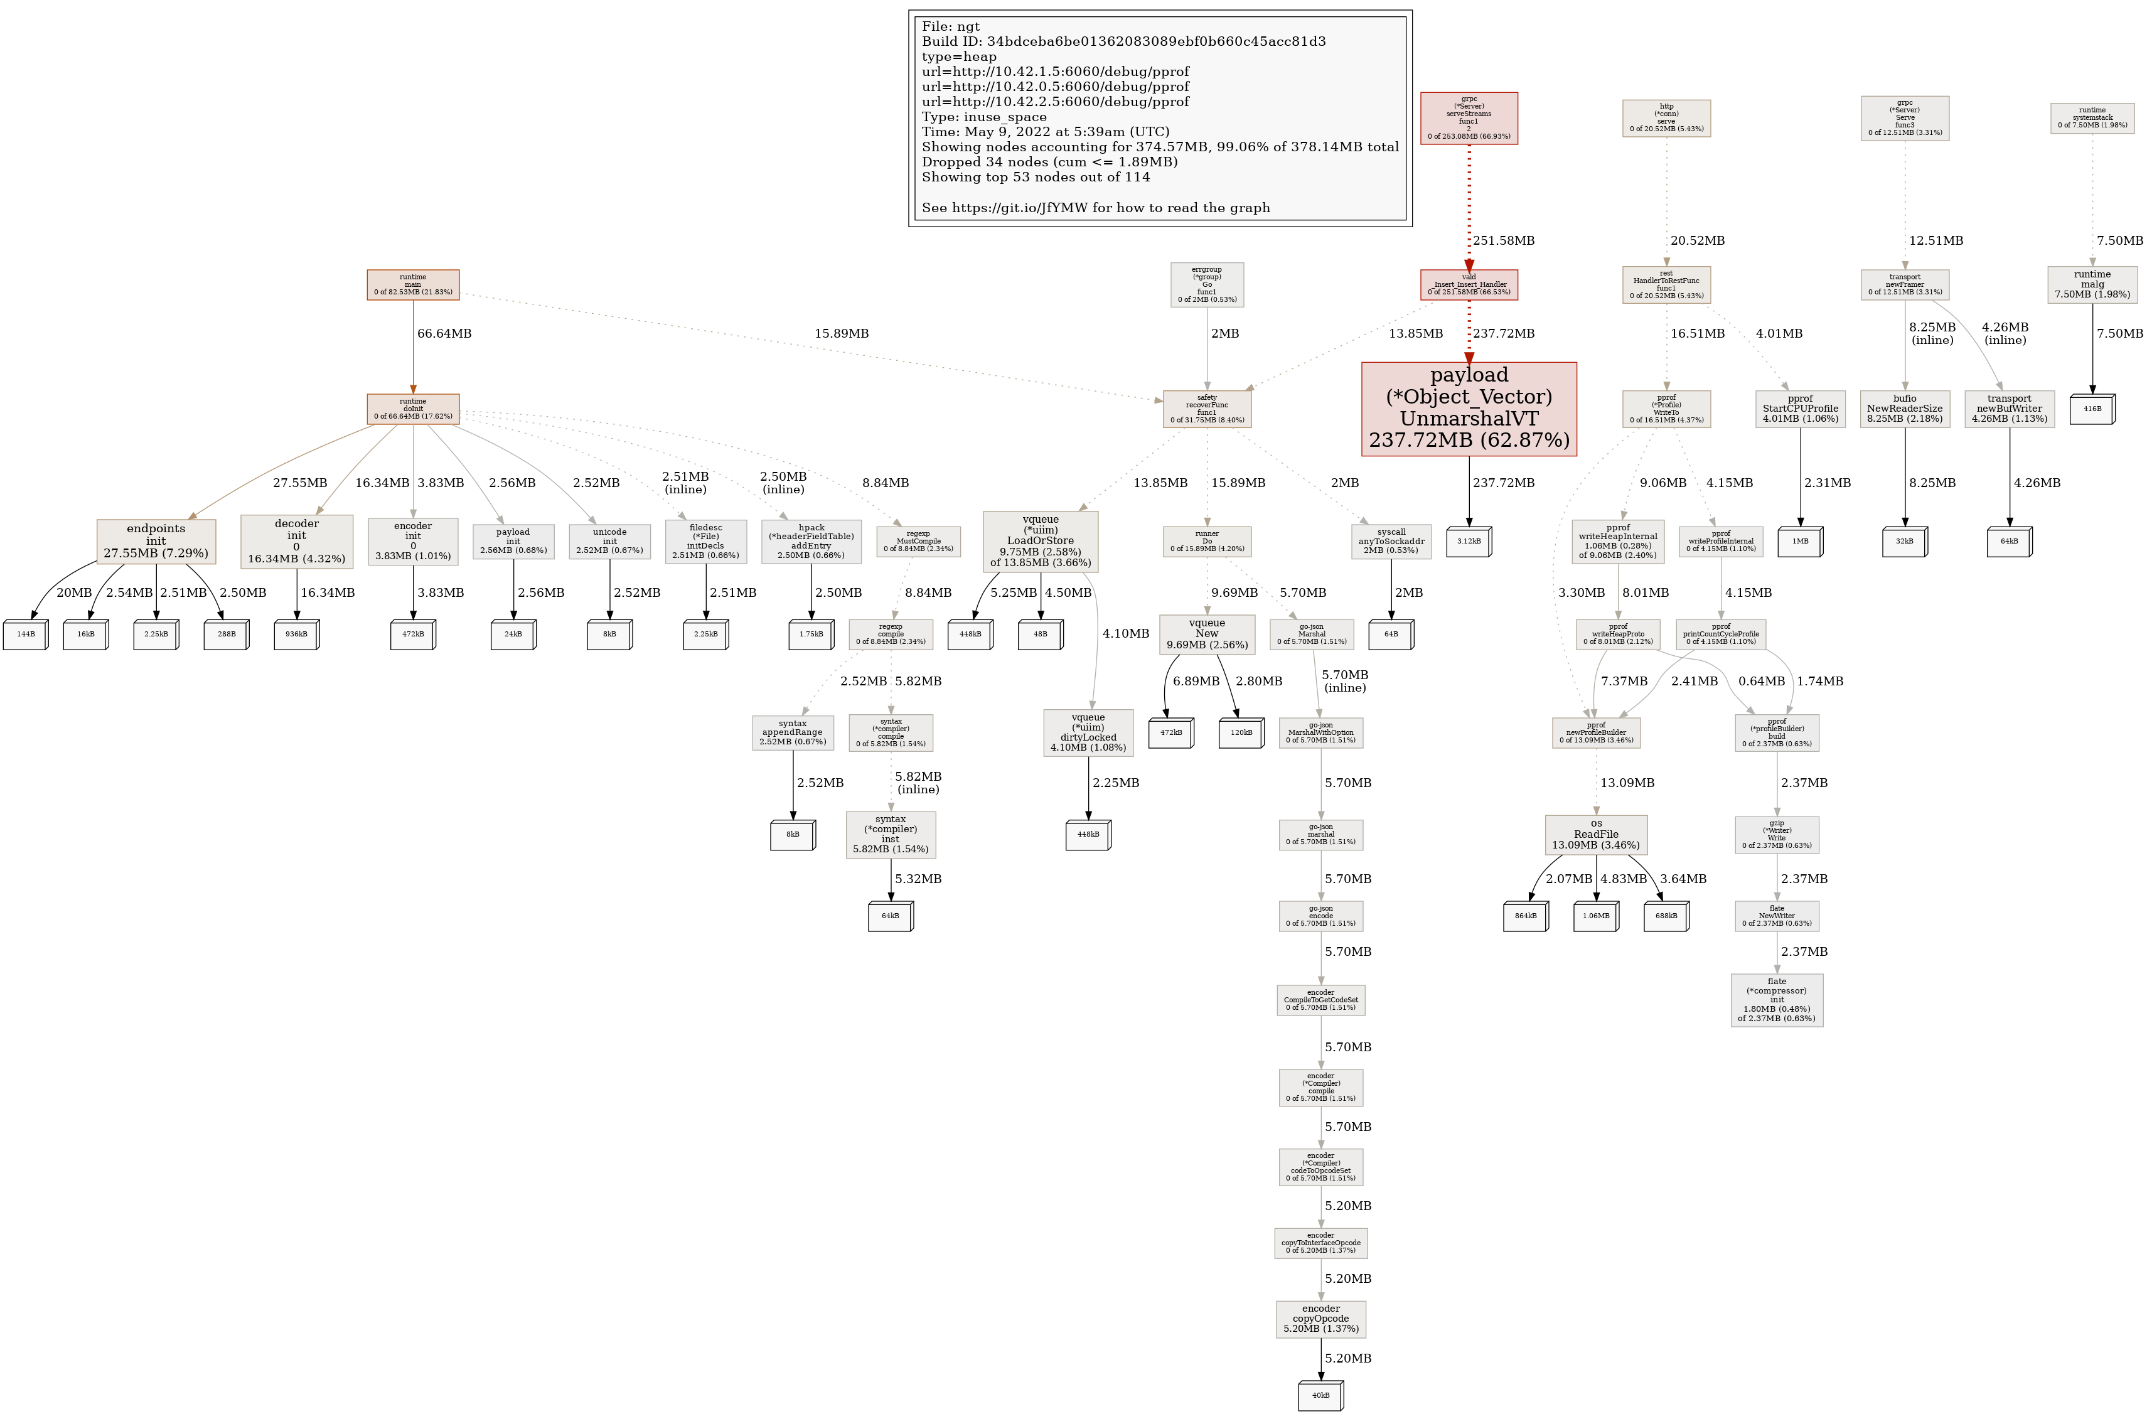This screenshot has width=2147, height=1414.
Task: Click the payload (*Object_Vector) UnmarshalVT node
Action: point(1469,409)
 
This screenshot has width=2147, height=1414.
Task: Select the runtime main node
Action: point(413,285)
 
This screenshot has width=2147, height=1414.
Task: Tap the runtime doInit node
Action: point(413,409)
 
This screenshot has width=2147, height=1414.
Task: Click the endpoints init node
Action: point(156,540)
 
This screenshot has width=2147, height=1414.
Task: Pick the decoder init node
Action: point(297,540)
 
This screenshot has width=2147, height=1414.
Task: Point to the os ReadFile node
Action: point(1596,835)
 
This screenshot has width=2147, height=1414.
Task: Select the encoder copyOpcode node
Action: point(1320,1319)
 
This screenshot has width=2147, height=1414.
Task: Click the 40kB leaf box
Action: point(1320,1395)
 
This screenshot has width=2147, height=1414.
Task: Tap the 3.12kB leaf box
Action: point(1469,542)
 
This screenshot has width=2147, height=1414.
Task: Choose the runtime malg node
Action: point(2092,284)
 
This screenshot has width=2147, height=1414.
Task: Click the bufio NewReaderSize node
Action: point(1904,409)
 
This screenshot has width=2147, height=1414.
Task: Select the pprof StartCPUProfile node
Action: point(1801,409)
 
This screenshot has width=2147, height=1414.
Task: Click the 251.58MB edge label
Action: point(1504,241)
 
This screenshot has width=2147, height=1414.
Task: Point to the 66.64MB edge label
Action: point(444,334)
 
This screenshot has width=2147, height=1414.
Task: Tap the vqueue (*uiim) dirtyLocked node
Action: point(1088,732)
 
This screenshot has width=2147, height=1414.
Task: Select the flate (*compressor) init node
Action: point(1776,1000)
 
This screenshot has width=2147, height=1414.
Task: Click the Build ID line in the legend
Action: point(1123,41)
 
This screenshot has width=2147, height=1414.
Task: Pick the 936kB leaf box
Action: point(297,635)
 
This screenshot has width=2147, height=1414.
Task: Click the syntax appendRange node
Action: point(793,732)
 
